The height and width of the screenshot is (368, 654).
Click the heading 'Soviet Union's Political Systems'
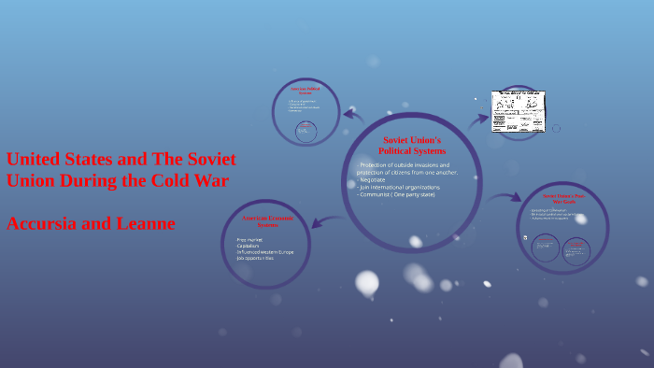coord(412,145)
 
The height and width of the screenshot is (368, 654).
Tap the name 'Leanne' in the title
coord(141,223)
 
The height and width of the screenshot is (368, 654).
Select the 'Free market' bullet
coord(249,239)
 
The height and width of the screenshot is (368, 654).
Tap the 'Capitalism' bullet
coord(250,247)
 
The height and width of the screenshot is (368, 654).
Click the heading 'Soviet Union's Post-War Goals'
coord(562,198)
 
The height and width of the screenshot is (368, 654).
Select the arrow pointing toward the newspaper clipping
coord(478,119)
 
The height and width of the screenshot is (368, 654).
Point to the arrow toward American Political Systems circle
coord(354,116)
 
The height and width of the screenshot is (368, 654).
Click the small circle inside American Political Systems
coord(306,132)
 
